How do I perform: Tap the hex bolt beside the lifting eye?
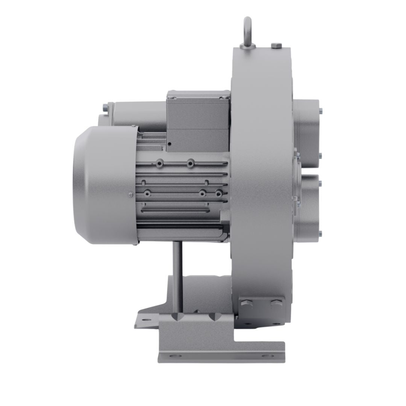pyautogui.click(x=276, y=46)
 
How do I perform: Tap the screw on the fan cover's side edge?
pyautogui.click(x=130, y=194)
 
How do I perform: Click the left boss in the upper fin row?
pyautogui.click(x=161, y=164)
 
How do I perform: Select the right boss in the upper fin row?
pyautogui.click(x=191, y=164)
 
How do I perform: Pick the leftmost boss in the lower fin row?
pyautogui.click(x=147, y=193)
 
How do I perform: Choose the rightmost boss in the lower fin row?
pyautogui.click(x=218, y=193)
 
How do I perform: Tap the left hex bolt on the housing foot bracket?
pyautogui.click(x=250, y=303)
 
